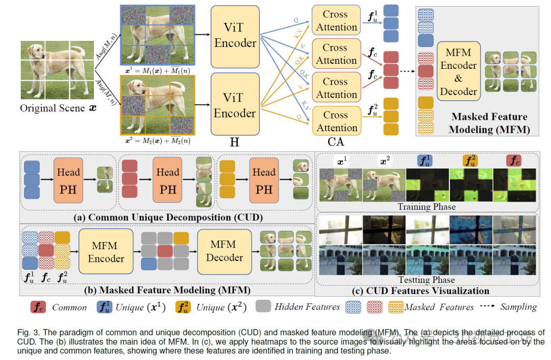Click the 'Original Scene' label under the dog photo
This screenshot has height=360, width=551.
53,108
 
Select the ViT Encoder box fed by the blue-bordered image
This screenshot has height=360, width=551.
235,36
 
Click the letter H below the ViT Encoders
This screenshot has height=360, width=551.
234,142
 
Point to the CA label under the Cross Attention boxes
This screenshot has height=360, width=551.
336,142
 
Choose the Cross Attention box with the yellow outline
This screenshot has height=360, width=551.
336,122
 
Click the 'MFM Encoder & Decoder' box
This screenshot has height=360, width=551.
458,72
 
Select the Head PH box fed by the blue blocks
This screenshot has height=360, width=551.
68,180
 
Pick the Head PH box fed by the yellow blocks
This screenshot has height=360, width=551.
264,180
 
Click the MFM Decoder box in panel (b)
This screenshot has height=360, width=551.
224,251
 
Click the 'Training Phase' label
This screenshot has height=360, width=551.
427,207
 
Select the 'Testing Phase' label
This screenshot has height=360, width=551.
427,280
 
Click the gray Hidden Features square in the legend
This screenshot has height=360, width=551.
263,307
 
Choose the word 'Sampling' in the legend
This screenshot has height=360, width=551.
518,307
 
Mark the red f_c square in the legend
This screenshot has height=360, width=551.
38,307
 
